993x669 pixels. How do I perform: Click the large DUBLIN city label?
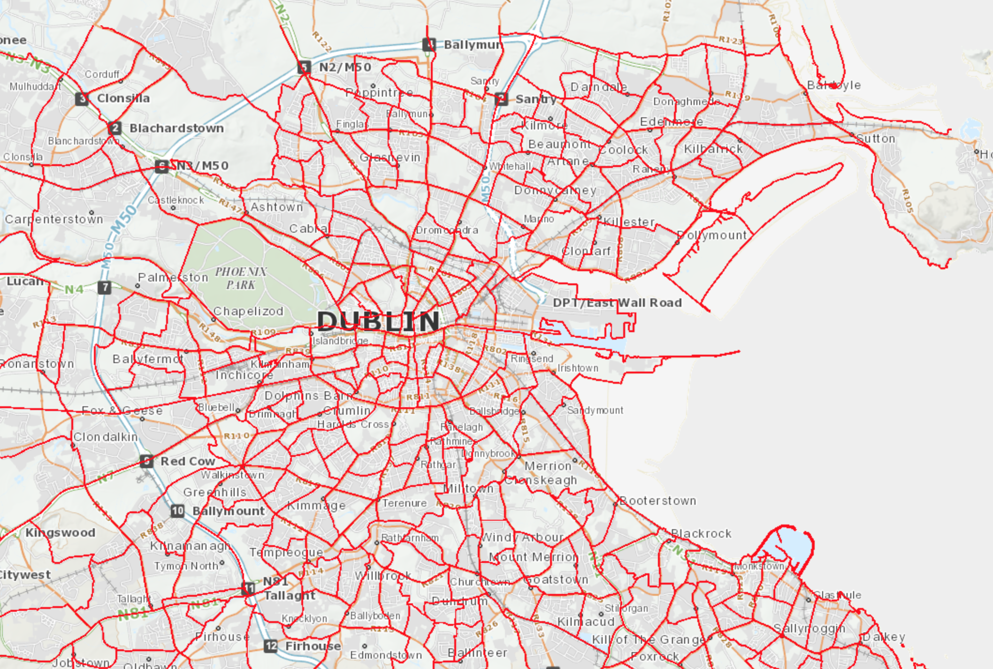point(378,322)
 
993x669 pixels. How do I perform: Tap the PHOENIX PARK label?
point(241,278)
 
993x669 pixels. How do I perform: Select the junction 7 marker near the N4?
point(105,287)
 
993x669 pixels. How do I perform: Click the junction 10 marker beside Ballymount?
point(177,511)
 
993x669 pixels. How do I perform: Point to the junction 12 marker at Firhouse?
point(271,646)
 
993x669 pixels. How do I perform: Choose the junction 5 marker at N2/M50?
point(304,67)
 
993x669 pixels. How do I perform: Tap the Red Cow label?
point(188,461)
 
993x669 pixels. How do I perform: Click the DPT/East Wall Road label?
point(617,303)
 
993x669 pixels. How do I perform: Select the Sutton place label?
point(876,139)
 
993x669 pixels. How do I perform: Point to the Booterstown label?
point(658,501)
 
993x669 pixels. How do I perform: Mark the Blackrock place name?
point(701,533)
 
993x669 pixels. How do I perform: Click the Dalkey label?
point(884,637)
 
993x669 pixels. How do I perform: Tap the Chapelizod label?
point(248,311)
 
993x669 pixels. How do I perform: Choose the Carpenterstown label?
point(54,219)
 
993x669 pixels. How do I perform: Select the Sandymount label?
point(595,411)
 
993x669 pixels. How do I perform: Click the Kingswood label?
point(60,532)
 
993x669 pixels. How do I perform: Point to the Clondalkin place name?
point(106,437)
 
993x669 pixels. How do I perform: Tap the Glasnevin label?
point(390,157)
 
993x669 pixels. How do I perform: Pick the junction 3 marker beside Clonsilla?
point(82,99)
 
